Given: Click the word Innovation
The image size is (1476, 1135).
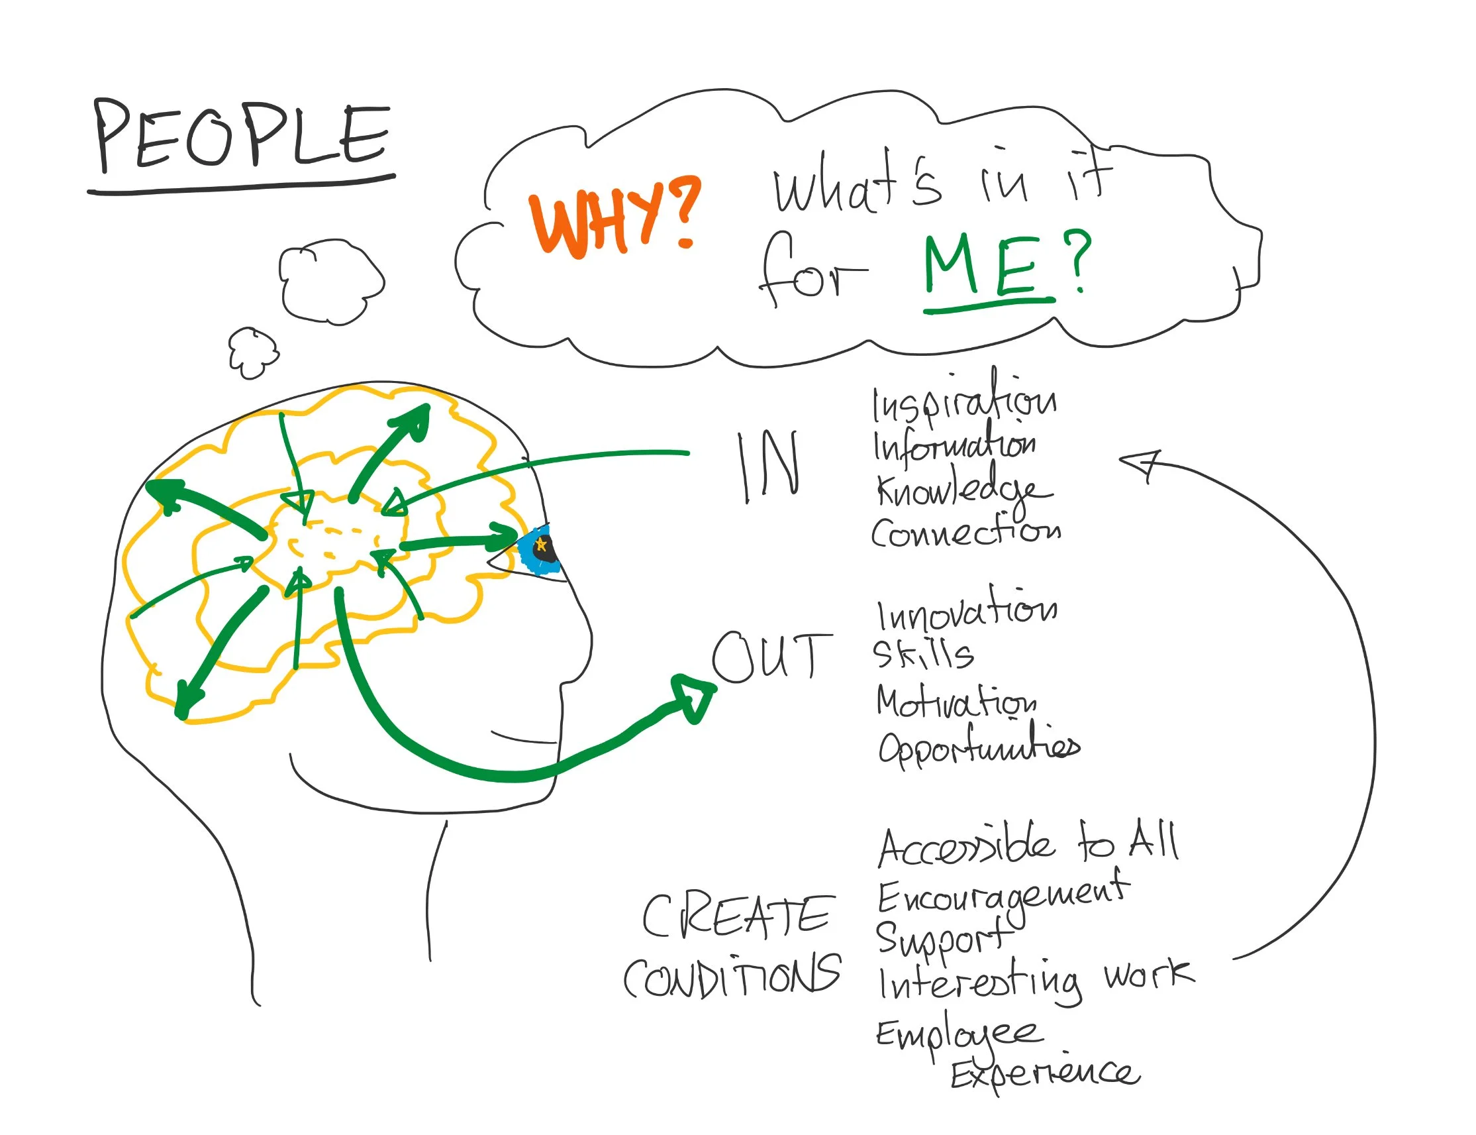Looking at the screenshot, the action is [x=966, y=611].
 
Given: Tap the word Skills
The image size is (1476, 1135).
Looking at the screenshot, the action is [x=922, y=654].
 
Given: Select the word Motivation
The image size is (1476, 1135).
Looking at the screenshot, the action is [x=956, y=702].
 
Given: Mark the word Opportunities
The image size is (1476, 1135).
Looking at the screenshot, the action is [x=977, y=746].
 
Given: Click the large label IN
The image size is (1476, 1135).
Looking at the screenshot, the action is [x=768, y=467].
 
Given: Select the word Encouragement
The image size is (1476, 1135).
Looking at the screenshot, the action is [x=1002, y=896].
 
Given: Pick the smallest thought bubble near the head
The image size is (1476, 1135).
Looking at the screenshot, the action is [x=252, y=352].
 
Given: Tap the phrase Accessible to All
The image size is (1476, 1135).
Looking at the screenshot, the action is [x=1028, y=845].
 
